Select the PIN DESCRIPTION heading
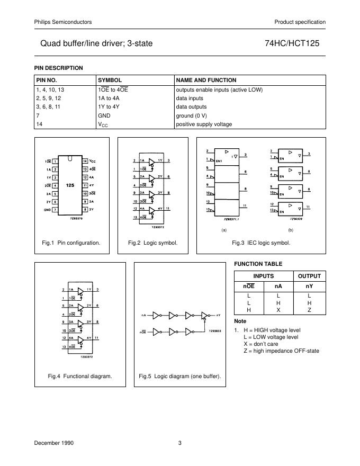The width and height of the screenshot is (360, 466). pos(58,68)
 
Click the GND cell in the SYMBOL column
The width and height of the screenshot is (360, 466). pos(104,115)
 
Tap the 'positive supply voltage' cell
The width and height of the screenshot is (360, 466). pos(204,124)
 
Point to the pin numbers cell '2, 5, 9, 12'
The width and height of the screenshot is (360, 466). pos(48,98)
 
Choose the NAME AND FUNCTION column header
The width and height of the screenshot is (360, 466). pos(206,80)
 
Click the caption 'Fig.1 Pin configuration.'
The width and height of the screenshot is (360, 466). pos(71,243)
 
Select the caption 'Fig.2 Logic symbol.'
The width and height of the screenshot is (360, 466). pos(152,243)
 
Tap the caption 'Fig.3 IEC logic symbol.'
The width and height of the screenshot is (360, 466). pos(261,243)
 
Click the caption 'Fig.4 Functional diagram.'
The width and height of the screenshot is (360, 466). pos(80,376)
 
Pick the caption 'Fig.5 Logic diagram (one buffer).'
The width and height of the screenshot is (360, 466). pos(180,376)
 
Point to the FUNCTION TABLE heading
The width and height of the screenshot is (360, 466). pos(258,264)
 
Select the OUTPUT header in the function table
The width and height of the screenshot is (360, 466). pos(309,276)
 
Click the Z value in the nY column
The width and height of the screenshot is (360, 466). pos(309,310)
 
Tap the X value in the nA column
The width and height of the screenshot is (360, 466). pos(278,310)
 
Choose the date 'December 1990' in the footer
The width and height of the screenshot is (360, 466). pos(55,443)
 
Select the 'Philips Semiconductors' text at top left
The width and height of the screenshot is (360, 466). pos(63,22)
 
